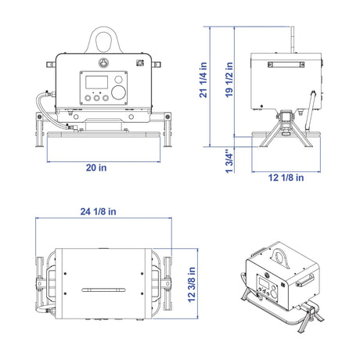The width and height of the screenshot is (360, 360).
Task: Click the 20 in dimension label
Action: click(96, 167)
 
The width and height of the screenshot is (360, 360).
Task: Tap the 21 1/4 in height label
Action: click(203, 80)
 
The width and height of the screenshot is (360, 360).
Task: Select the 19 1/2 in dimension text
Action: click(229, 80)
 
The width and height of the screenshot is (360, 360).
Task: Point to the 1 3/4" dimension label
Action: click(229, 161)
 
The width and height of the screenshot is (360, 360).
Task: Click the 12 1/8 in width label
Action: click(286, 178)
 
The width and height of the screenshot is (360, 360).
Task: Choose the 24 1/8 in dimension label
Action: click(98, 211)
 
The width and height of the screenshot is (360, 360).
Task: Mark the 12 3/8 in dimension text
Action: click(192, 284)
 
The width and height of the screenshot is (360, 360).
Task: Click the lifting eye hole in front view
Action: click(103, 41)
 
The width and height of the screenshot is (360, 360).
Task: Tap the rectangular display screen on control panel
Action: click(96, 82)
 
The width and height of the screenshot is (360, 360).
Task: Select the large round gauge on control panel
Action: click(119, 92)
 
